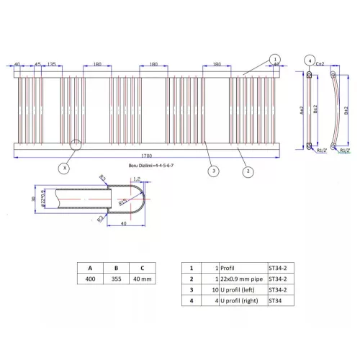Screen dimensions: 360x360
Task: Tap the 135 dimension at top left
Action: pos(52,64)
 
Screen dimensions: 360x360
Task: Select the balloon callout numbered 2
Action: pos(247,171)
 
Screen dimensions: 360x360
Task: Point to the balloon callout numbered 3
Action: pos(213,171)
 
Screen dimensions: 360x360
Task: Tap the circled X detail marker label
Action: pos(65,168)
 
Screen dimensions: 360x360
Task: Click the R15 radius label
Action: pos(125,204)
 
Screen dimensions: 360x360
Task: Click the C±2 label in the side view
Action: pos(320,64)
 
